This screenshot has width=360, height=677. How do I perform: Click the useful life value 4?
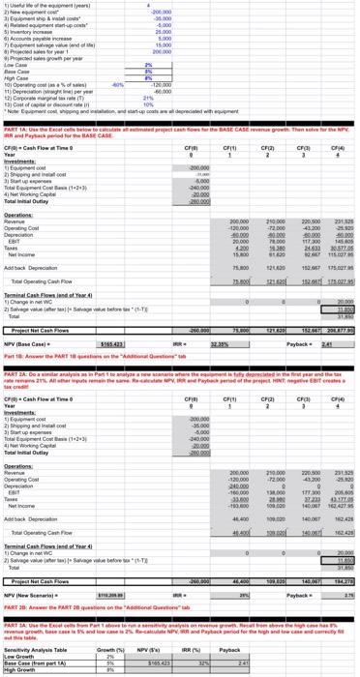coord(174,6)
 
